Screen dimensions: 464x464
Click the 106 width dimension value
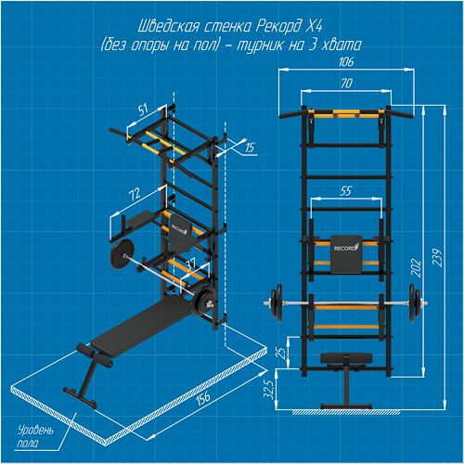point(346,61)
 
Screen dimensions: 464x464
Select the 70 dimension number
point(346,83)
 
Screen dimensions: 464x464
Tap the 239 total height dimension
point(437,257)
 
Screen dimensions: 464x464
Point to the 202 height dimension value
point(417,268)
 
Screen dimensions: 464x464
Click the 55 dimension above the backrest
point(345,191)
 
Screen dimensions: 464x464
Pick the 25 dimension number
point(282,353)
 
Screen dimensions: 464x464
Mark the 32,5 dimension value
point(269,389)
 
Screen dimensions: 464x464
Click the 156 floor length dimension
point(202,397)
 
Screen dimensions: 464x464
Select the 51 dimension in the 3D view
point(143,109)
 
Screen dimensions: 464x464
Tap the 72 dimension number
point(135,194)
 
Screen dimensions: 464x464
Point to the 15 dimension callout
point(250,148)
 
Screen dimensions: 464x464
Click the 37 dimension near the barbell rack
point(190,264)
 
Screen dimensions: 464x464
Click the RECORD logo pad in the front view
point(346,254)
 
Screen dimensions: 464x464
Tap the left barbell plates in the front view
point(277,303)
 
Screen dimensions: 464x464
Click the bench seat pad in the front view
point(346,358)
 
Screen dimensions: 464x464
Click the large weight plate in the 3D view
point(123,254)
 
